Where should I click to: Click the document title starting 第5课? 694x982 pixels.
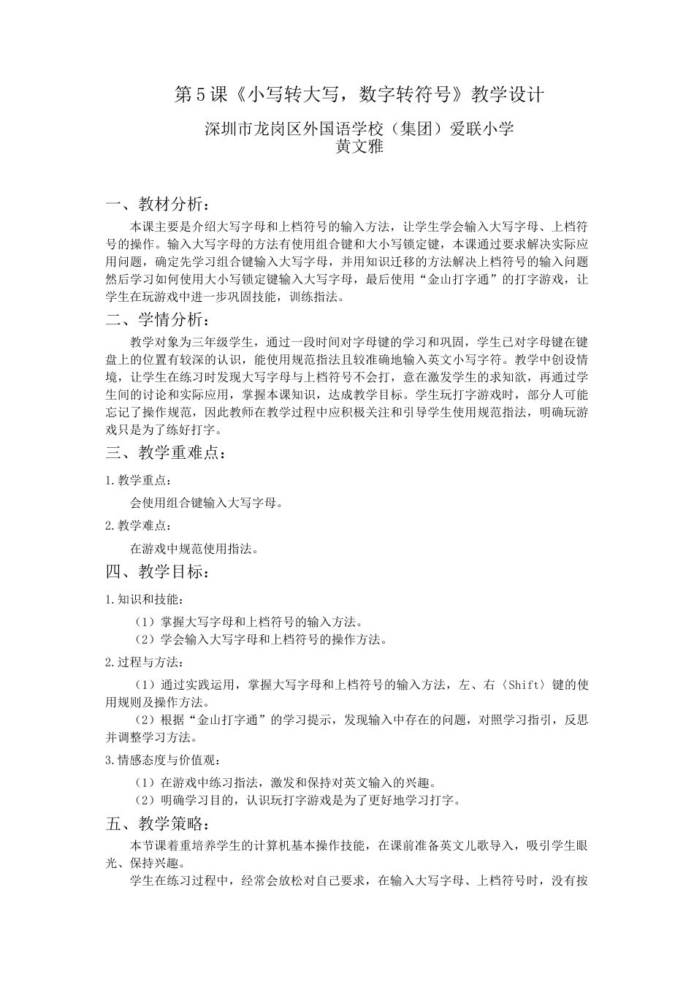click(x=360, y=95)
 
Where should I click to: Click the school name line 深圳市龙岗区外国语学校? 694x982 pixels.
click(x=359, y=129)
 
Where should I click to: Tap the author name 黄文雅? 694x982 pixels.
click(x=359, y=146)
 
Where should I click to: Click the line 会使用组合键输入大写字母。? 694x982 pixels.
click(x=207, y=503)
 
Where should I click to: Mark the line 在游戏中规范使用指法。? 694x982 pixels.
click(x=194, y=548)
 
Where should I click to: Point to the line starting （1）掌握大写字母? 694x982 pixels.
click(x=248, y=622)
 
